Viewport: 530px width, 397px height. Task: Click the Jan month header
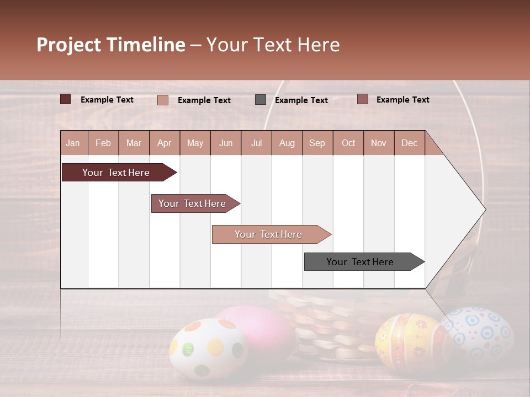coord(73,143)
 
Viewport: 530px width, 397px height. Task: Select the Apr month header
coord(165,143)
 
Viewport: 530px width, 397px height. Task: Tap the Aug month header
coord(287,143)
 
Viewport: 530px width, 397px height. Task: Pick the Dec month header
coord(409,143)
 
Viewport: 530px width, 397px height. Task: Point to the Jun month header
coord(226,143)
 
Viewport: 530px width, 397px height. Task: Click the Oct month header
coord(348,143)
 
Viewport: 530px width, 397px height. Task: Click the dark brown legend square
coord(66,99)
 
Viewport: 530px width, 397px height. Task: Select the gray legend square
coord(261,100)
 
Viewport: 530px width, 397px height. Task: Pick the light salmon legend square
coord(163,100)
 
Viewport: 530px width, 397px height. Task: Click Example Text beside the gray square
coord(301,100)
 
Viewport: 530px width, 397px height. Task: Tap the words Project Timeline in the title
coord(110,45)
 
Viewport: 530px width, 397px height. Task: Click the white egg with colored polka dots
coord(208,350)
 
